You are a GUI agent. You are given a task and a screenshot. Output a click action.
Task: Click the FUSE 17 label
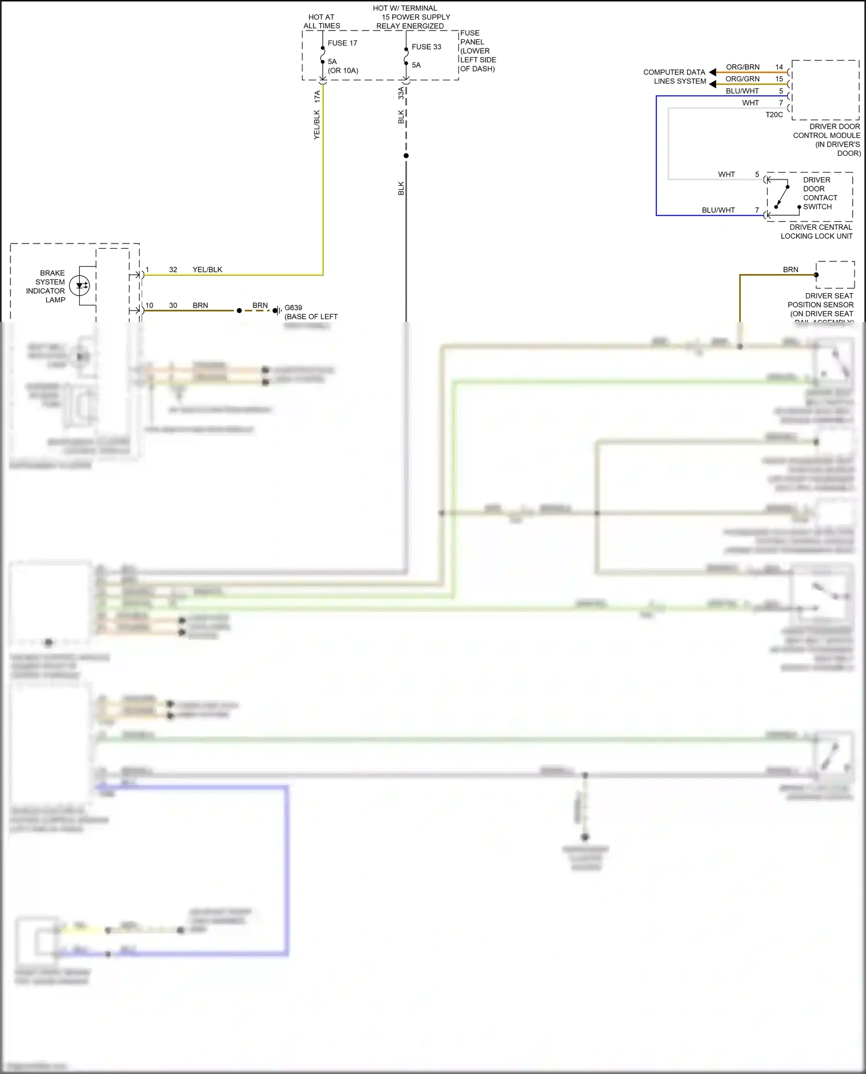pyautogui.click(x=342, y=43)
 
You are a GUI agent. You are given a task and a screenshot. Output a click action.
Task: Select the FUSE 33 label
pyautogui.click(x=426, y=47)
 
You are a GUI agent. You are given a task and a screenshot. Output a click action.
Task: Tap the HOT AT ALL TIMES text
pyautogui.click(x=322, y=22)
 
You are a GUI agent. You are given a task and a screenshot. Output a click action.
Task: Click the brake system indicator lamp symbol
pyautogui.click(x=80, y=285)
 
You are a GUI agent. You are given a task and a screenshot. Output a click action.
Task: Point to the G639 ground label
pyautogui.click(x=293, y=308)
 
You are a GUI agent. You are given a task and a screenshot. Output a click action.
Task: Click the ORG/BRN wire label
pyautogui.click(x=742, y=67)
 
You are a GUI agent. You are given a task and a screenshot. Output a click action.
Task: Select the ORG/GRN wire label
pyautogui.click(x=742, y=79)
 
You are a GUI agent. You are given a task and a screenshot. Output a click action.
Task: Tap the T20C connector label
pyautogui.click(x=774, y=115)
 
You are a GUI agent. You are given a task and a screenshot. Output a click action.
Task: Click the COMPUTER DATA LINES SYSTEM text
pyautogui.click(x=674, y=77)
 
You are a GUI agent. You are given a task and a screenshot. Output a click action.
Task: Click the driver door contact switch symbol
pyautogui.click(x=782, y=195)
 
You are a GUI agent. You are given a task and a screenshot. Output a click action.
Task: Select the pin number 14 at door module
pyautogui.click(x=779, y=67)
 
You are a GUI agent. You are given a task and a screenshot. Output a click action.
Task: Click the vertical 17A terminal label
pyautogui.click(x=317, y=96)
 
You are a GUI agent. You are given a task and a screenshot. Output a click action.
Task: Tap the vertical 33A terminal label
pyautogui.click(x=401, y=93)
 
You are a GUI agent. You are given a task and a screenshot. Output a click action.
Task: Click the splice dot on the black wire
pyautogui.click(x=406, y=156)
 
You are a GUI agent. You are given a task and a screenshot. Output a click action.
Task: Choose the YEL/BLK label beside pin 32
pyautogui.click(x=207, y=270)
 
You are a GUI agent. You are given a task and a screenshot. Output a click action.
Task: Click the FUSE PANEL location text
pyautogui.click(x=477, y=51)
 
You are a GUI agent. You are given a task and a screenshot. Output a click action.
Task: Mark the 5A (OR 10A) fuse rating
pyautogui.click(x=343, y=66)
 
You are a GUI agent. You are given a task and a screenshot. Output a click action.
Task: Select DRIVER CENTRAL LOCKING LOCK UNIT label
pyautogui.click(x=816, y=231)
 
